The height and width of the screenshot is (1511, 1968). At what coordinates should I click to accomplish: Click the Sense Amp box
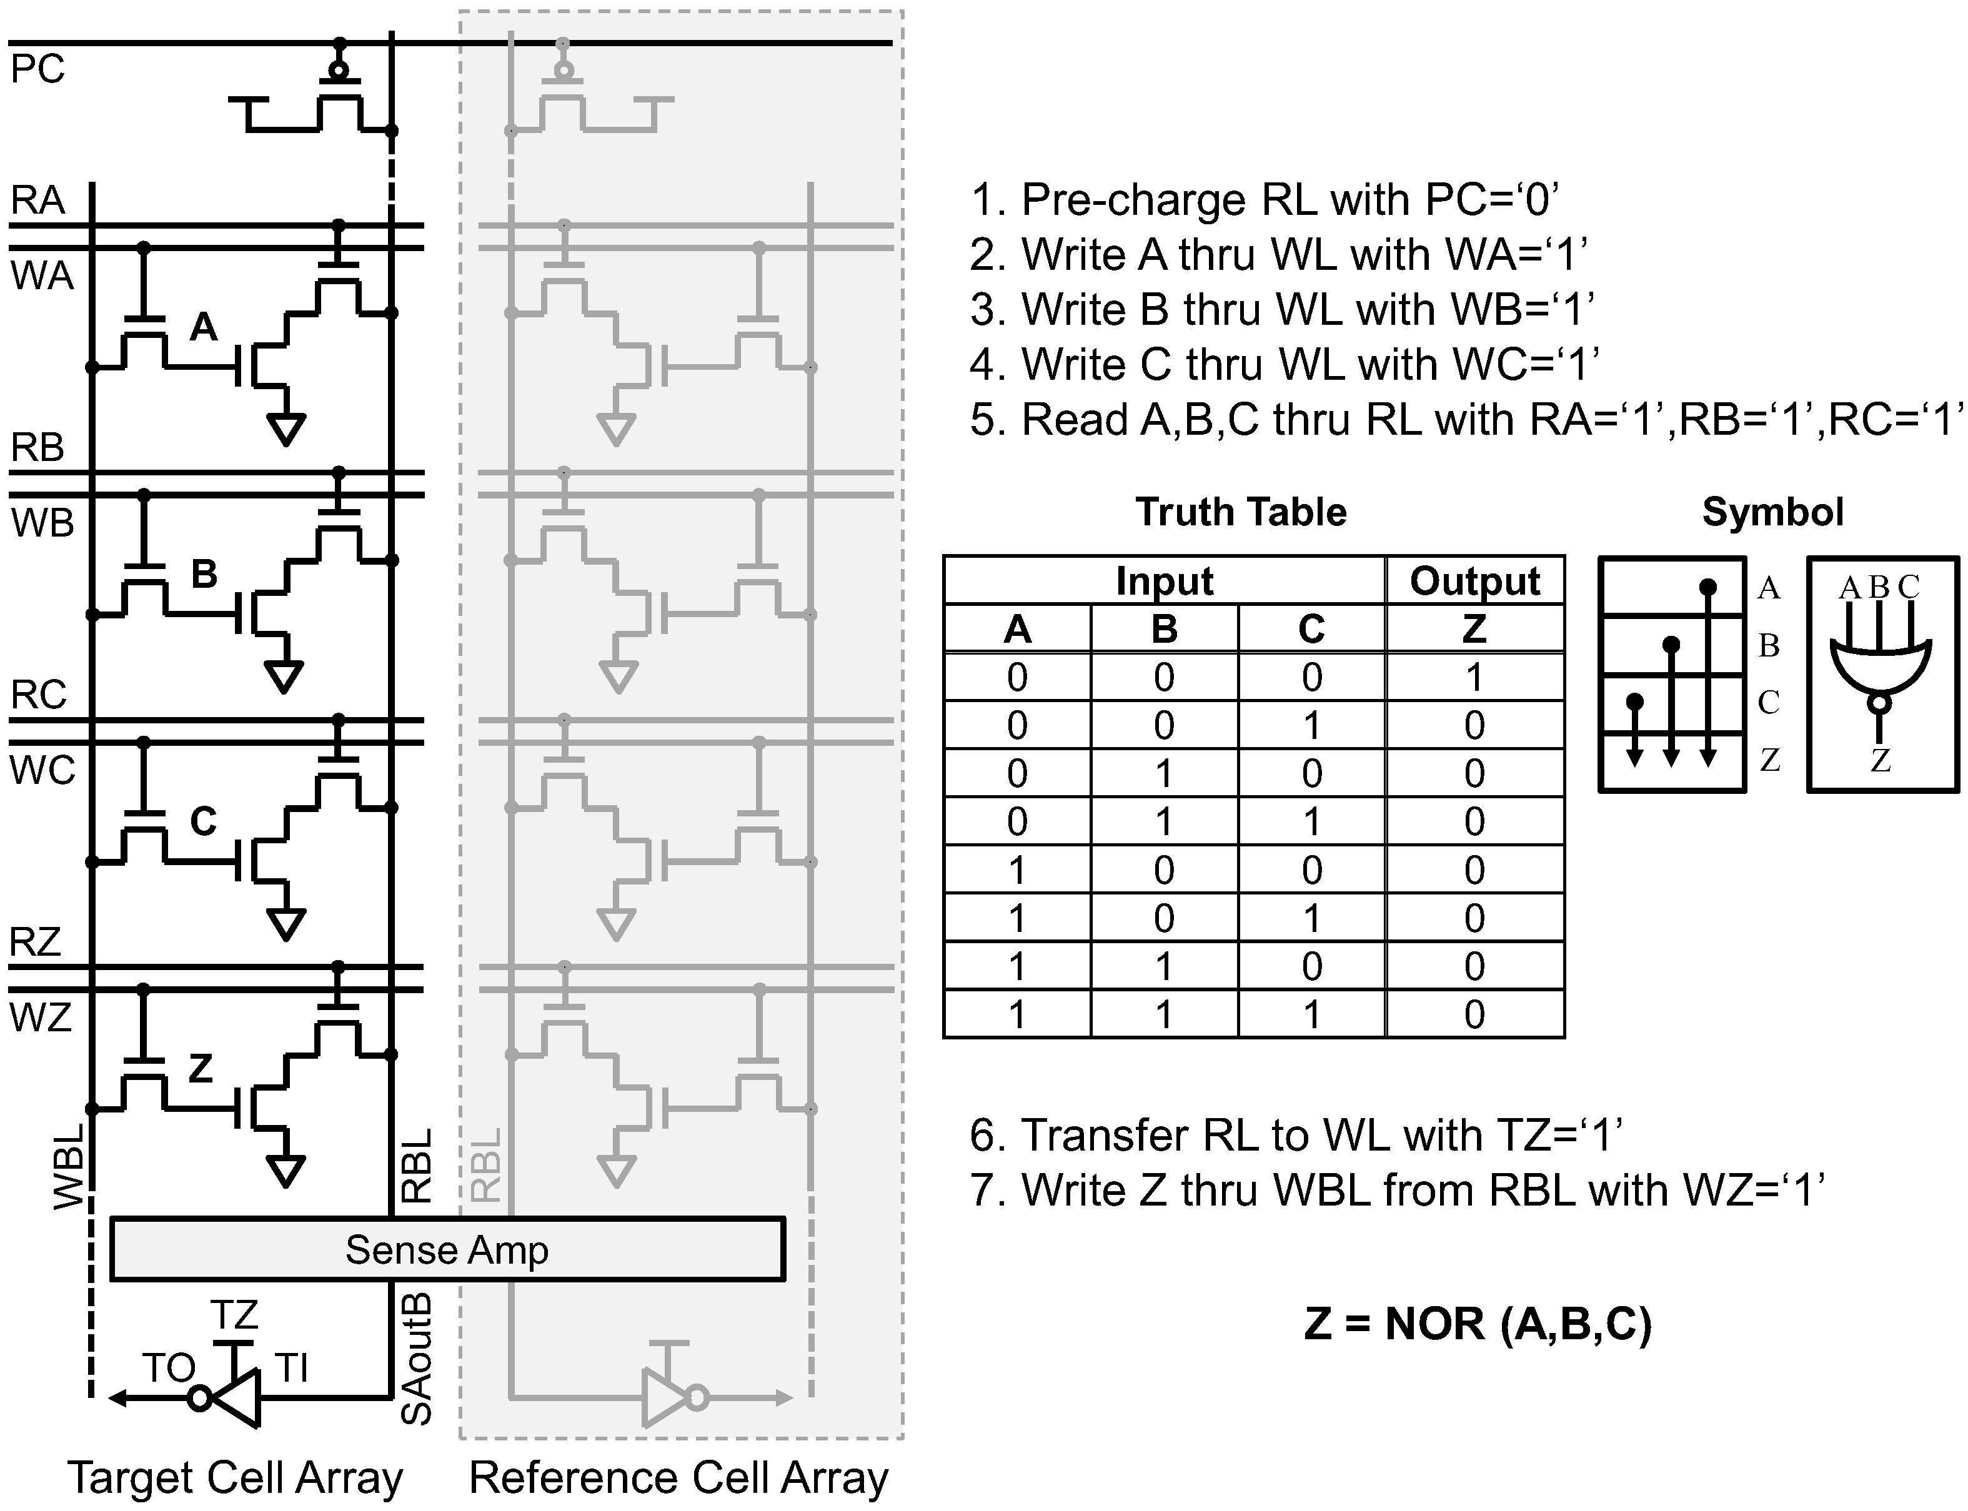(x=447, y=1249)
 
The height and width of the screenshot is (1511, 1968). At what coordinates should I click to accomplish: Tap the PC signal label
(x=37, y=69)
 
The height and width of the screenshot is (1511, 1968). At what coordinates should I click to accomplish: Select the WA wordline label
(x=41, y=275)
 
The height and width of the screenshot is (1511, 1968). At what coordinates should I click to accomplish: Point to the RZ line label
(x=35, y=942)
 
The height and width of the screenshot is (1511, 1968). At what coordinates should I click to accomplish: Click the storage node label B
(x=204, y=573)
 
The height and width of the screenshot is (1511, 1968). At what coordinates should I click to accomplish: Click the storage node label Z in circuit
(x=200, y=1068)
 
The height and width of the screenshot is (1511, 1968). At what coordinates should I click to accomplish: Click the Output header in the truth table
(x=1474, y=581)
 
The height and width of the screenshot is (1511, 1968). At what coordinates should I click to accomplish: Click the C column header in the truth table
(x=1311, y=628)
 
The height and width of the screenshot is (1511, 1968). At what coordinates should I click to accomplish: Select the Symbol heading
(x=1772, y=512)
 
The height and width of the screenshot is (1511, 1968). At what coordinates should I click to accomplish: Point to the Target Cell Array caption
(x=235, y=1478)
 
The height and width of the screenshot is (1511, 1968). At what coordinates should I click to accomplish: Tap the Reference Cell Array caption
(x=678, y=1478)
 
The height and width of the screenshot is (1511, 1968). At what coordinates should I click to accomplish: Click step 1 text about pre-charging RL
(x=1264, y=200)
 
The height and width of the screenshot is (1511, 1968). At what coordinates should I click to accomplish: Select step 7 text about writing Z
(x=1397, y=1190)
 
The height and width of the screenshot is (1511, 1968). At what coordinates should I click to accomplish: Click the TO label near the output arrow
(x=169, y=1368)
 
